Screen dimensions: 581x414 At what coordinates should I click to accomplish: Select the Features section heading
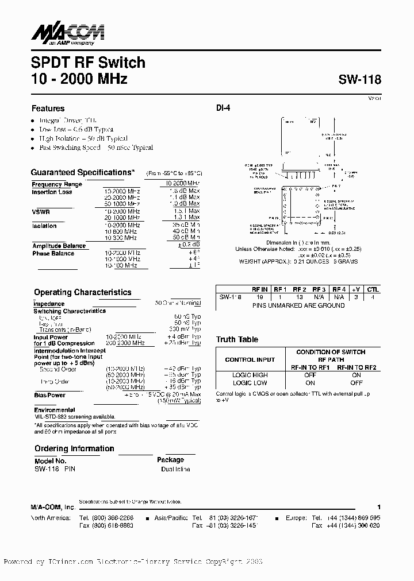48,109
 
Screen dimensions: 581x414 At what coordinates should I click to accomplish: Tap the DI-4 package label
223,107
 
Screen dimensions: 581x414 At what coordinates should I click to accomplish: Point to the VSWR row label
41,212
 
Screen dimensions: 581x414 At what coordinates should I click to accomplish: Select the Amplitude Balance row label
59,246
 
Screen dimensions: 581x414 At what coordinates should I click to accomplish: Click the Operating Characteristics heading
82,292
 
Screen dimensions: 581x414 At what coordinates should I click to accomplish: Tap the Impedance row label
49,304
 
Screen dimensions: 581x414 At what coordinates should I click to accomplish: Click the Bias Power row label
49,396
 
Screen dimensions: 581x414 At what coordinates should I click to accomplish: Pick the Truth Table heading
237,339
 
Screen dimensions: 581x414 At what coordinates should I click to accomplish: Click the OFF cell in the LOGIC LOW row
356,382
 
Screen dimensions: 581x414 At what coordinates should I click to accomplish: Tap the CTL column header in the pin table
373,290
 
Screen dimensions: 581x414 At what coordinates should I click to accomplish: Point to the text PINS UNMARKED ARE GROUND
298,305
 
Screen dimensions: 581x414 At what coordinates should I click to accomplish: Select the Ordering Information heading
74,448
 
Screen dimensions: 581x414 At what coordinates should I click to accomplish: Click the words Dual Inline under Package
175,469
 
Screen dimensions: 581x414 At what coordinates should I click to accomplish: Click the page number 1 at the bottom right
378,508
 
